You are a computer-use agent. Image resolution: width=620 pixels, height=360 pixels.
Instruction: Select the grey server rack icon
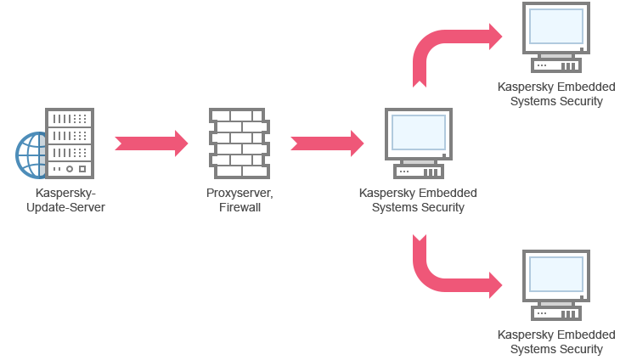click(x=70, y=143)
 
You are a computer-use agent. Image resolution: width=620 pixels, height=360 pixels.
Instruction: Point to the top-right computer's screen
click(x=555, y=25)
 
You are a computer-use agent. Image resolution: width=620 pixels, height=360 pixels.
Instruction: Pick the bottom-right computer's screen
click(x=555, y=273)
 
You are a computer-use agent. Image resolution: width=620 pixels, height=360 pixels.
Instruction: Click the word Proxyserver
click(x=240, y=194)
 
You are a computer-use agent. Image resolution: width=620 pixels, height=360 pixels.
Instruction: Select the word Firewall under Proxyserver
click(x=240, y=207)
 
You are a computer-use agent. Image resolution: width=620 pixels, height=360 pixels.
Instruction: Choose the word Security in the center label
click(x=443, y=207)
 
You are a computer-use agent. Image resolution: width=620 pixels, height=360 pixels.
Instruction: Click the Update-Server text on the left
click(x=65, y=207)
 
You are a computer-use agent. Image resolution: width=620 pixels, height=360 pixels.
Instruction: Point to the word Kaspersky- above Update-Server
click(x=66, y=194)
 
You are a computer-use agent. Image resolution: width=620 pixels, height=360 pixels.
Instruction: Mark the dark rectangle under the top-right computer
click(x=558, y=96)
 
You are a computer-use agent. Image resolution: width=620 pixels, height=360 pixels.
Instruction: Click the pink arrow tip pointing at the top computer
click(x=499, y=36)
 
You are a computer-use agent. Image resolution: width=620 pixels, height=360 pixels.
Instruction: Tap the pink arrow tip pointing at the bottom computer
click(x=499, y=285)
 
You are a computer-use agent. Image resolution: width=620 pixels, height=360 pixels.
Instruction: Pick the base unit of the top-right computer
click(x=555, y=61)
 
